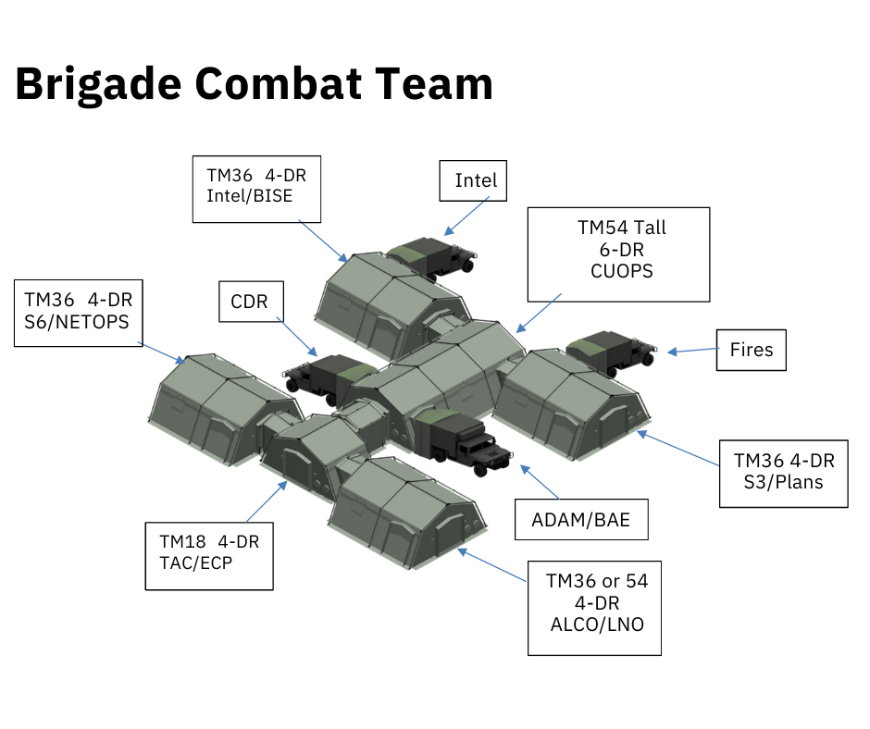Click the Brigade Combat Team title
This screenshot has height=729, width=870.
coord(254,84)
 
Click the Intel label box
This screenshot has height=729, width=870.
coord(475,180)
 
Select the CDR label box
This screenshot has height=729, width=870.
coord(250,301)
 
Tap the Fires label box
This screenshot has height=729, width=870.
coord(751,351)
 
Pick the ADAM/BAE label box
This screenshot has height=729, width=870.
coord(580,520)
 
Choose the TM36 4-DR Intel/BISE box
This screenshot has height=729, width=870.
coord(256,189)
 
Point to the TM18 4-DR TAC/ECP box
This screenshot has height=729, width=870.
coord(209,555)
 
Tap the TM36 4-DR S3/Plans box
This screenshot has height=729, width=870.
coord(783,473)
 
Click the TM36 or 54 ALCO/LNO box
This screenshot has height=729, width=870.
coord(594,608)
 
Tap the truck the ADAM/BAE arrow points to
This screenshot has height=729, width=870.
coord(460,438)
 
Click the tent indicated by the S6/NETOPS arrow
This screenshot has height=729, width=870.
coord(222,408)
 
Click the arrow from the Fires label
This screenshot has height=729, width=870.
coord(692,351)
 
